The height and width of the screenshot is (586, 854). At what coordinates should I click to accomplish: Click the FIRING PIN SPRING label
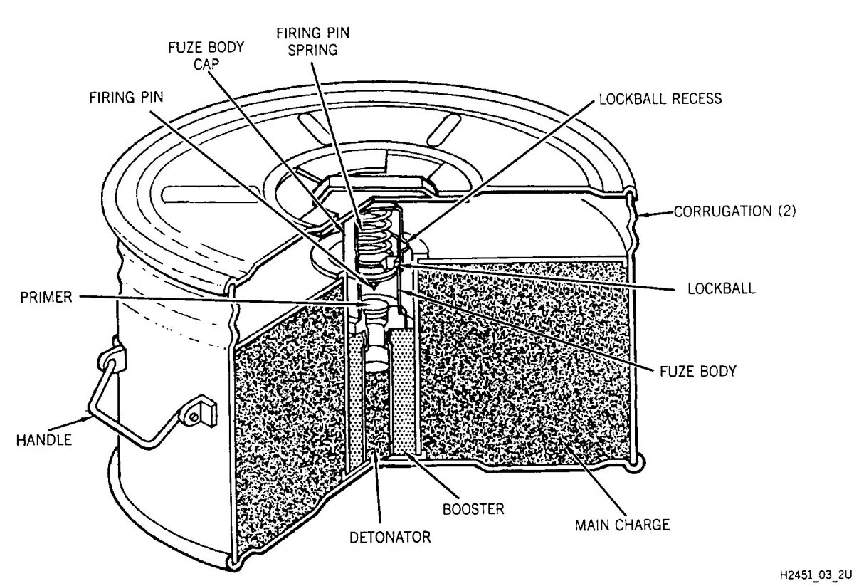(x=312, y=41)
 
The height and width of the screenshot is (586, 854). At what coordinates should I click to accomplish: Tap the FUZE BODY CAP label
(x=206, y=56)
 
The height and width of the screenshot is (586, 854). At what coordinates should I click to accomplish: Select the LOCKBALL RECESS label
(x=660, y=99)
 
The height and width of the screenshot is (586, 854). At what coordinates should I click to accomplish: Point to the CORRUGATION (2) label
(x=735, y=211)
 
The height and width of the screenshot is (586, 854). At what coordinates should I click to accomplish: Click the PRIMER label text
(x=46, y=297)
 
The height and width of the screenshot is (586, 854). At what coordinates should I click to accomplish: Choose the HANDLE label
(x=44, y=440)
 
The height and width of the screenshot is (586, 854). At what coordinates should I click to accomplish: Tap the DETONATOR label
(x=390, y=537)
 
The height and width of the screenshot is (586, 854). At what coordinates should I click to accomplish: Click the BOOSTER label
(x=473, y=509)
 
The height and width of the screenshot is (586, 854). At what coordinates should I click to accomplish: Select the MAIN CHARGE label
(x=622, y=525)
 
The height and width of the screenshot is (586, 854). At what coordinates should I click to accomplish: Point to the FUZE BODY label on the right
(x=698, y=371)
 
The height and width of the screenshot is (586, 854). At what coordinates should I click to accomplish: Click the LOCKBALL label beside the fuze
(x=722, y=288)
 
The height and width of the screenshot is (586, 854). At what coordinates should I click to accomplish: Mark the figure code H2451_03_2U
(x=815, y=575)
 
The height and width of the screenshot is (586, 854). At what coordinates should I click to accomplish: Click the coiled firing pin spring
(x=376, y=233)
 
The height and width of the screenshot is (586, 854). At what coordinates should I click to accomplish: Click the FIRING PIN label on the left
(x=126, y=98)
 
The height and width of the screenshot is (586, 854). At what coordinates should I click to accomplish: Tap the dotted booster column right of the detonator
(x=403, y=392)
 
